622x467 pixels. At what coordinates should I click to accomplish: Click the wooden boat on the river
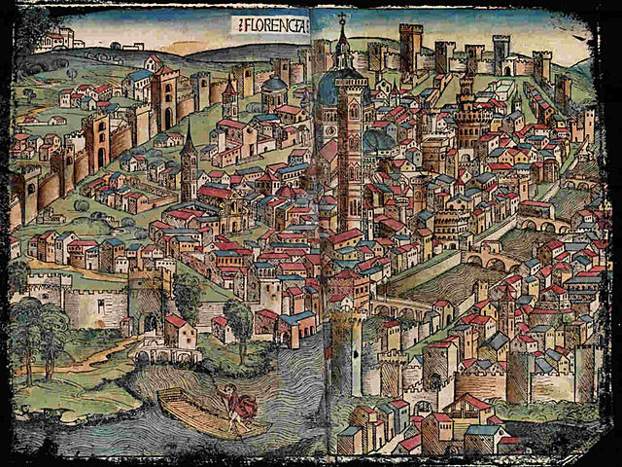tap(209, 414)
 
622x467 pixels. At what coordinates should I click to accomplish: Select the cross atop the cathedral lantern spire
tap(341, 17)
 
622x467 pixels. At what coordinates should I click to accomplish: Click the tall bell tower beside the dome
tap(349, 156)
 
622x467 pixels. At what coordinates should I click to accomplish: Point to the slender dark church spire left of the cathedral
tap(189, 161)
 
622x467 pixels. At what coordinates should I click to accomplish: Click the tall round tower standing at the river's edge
tap(346, 350)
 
